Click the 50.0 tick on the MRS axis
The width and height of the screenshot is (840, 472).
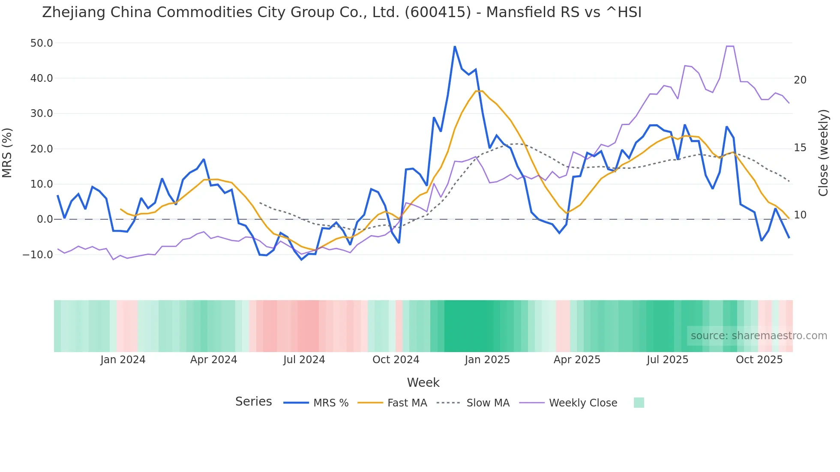pyautogui.click(x=42, y=43)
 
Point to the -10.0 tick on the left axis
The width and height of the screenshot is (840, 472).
pyautogui.click(x=38, y=254)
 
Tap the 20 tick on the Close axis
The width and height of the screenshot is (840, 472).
pyautogui.click(x=800, y=80)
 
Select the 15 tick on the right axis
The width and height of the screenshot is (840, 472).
pyautogui.click(x=800, y=148)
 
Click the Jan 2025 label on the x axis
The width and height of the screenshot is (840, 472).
pyautogui.click(x=487, y=360)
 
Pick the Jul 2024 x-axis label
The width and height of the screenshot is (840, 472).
pyautogui.click(x=304, y=360)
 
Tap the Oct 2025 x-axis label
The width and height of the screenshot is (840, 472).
pyautogui.click(x=759, y=360)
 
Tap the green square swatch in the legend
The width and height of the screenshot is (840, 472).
pyautogui.click(x=639, y=403)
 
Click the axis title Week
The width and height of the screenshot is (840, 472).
pyautogui.click(x=423, y=382)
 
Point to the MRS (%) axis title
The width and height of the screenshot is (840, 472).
pyautogui.click(x=7, y=153)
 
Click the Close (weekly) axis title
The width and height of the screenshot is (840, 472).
pyautogui.click(x=823, y=153)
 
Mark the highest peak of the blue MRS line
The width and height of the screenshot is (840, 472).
pyautogui.click(x=455, y=47)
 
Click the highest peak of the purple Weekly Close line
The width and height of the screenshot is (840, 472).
pyautogui.click(x=730, y=46)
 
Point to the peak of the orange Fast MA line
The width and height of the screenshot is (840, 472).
pyautogui.click(x=479, y=91)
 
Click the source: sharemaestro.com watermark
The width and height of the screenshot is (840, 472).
pyautogui.click(x=759, y=336)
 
